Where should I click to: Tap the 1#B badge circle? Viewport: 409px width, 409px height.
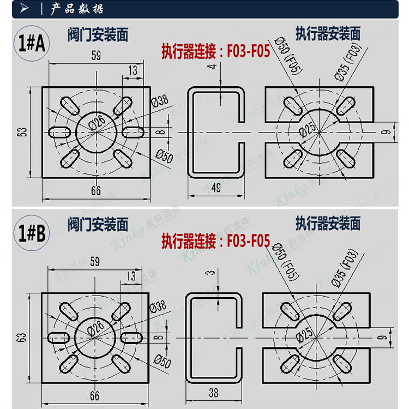tap(32, 233)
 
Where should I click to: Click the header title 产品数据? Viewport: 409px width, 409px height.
tap(76, 9)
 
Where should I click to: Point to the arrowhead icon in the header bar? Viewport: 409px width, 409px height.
tap(25, 9)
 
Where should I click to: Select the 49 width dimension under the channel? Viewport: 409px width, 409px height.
tap(215, 188)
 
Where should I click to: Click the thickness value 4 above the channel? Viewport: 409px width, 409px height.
tap(208, 66)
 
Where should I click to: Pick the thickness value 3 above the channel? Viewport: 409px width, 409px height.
tap(208, 273)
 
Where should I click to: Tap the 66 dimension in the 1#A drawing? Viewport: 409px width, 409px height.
tap(95, 190)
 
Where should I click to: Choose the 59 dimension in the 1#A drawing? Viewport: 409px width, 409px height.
tap(95, 55)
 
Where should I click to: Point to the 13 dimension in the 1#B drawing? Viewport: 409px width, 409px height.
tap(132, 276)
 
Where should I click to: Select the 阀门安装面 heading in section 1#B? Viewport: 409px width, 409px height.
tap(98, 224)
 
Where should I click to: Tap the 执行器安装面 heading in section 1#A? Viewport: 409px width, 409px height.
tap(328, 34)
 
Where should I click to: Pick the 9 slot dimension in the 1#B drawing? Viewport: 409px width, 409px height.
tap(385, 338)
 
